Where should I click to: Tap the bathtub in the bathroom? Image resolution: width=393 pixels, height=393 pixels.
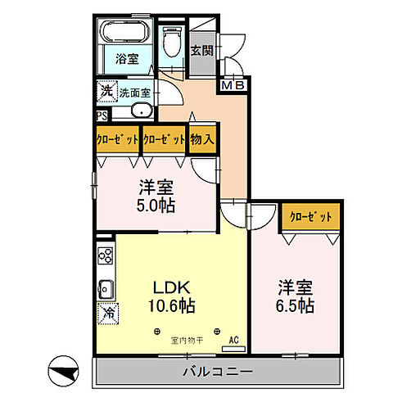click(x=124, y=34)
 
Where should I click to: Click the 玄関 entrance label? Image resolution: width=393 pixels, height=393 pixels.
click(x=201, y=50)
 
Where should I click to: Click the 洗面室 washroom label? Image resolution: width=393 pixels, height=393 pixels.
click(x=135, y=93)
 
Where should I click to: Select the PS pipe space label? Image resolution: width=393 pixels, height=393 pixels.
click(x=102, y=116)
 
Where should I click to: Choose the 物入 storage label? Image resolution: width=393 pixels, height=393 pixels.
click(x=202, y=139)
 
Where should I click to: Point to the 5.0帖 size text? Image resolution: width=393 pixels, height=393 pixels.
click(x=155, y=204)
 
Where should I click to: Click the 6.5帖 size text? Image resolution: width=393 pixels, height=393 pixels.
click(x=296, y=305)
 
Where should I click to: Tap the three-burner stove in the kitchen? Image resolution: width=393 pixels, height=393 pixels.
click(x=105, y=255)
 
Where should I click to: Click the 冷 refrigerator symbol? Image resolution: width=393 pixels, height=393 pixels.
click(x=107, y=312)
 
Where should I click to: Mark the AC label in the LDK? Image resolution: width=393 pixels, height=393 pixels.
click(x=232, y=340)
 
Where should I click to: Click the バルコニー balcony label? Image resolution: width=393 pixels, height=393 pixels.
click(x=215, y=372)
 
